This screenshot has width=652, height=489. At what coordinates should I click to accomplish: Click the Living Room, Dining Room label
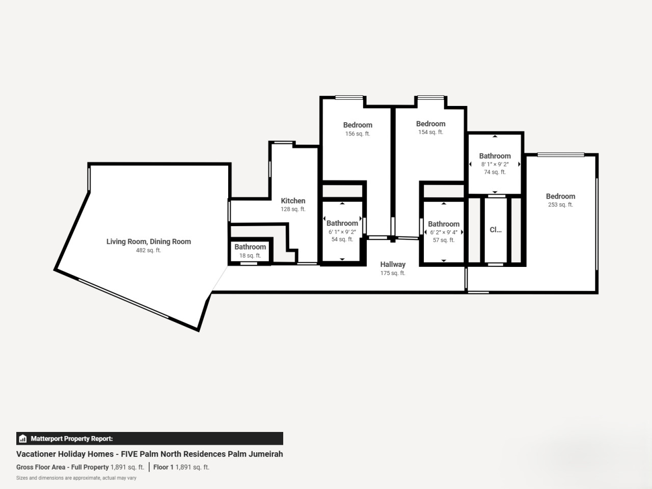(x=149, y=241)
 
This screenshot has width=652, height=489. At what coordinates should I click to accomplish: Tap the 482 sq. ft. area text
(x=149, y=250)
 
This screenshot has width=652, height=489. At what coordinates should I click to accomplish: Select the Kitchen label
(x=293, y=201)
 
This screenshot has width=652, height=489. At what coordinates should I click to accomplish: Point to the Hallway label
(x=393, y=264)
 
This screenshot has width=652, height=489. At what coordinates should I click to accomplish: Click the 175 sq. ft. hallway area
(x=393, y=273)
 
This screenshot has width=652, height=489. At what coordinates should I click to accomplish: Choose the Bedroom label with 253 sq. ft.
(x=560, y=196)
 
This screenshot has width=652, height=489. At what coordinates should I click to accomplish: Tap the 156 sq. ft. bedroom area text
(x=358, y=134)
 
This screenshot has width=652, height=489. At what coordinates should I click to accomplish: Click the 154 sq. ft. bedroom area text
(x=431, y=132)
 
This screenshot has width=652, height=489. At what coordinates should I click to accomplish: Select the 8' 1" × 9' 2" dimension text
(x=495, y=164)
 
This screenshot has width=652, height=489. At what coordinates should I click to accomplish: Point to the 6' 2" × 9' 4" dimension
(x=444, y=232)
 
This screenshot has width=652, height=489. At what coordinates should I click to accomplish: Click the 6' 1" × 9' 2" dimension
(x=342, y=232)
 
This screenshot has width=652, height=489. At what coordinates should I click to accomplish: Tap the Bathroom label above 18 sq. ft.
(x=250, y=247)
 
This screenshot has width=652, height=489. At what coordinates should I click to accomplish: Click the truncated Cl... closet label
(x=496, y=230)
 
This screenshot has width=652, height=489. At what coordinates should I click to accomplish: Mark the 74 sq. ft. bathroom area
(x=495, y=172)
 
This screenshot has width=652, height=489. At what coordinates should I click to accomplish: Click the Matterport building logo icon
(x=23, y=439)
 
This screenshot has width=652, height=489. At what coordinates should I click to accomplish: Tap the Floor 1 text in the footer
(x=164, y=467)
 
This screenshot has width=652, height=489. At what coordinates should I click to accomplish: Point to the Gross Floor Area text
(x=41, y=467)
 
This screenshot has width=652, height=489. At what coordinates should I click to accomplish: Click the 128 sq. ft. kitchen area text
(x=293, y=209)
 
